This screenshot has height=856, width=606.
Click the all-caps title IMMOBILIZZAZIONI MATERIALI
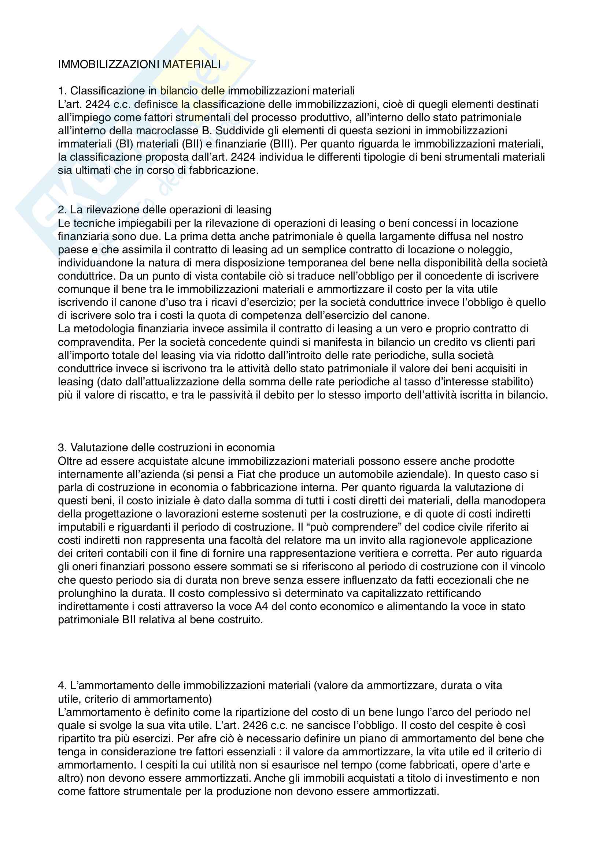coord(139,64)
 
